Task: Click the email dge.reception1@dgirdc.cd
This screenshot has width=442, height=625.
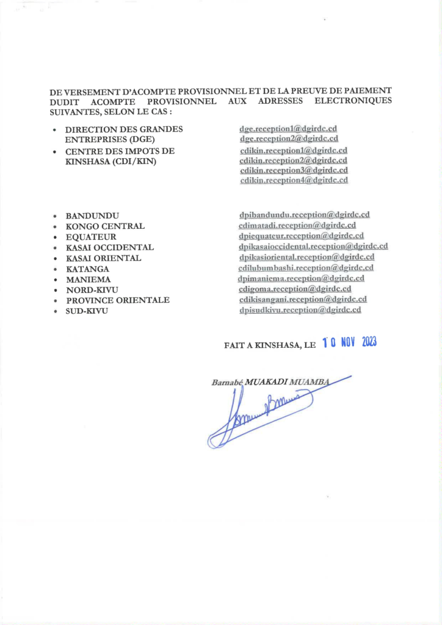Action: point(289,129)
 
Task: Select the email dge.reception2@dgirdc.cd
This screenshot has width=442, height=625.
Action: point(289,139)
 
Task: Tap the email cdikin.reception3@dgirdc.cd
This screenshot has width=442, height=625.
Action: point(294,170)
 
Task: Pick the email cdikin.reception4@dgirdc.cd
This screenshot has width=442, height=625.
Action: point(294,180)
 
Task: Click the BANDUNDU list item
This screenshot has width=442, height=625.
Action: point(92,216)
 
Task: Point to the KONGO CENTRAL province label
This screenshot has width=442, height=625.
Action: point(105,226)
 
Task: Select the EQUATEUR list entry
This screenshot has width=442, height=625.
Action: point(91,237)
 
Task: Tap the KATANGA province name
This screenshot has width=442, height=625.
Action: point(88,269)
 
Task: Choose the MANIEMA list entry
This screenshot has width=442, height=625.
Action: point(88,279)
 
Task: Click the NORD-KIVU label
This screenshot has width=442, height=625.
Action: point(92,289)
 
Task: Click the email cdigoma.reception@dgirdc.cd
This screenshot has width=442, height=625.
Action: point(295,289)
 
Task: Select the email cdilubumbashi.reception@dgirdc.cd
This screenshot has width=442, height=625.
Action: point(306,267)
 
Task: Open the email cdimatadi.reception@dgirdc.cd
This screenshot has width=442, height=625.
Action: point(297,225)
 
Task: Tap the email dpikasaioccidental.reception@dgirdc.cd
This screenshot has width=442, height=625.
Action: point(313,247)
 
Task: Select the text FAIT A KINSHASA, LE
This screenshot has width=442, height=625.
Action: point(270,345)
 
